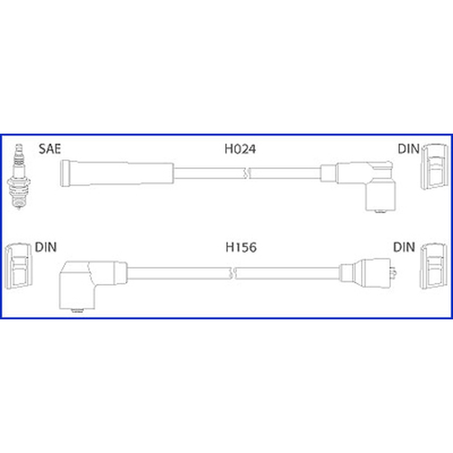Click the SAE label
[x=50, y=149]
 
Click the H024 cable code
[x=240, y=149]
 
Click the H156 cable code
[x=241, y=247]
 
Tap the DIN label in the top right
[x=408, y=149]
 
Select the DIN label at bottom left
[x=46, y=247]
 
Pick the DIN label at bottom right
[x=404, y=247]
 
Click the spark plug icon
[x=19, y=176]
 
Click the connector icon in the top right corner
[x=434, y=167]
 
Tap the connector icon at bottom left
[x=18, y=266]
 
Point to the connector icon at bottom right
[x=434, y=266]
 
